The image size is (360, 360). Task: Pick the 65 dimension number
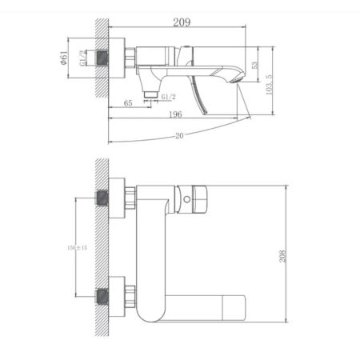[x=128, y=102]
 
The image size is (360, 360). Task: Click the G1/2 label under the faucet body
[x=168, y=97]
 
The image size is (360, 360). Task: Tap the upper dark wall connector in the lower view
[x=102, y=198]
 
